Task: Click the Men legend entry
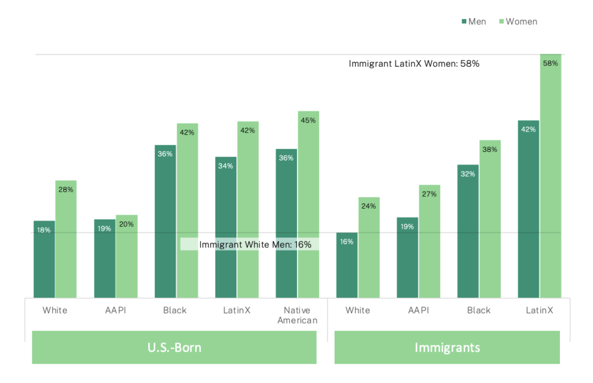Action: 474,21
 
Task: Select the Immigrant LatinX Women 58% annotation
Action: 413,64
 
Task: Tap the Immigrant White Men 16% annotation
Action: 255,245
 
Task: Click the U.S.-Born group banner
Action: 174,347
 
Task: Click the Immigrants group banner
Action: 447,347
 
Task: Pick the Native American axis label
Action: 297,315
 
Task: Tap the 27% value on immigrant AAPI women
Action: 429,194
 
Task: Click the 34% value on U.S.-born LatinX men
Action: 226,166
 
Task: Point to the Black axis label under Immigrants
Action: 479,310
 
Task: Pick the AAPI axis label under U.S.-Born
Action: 115,310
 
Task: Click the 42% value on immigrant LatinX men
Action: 528,129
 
